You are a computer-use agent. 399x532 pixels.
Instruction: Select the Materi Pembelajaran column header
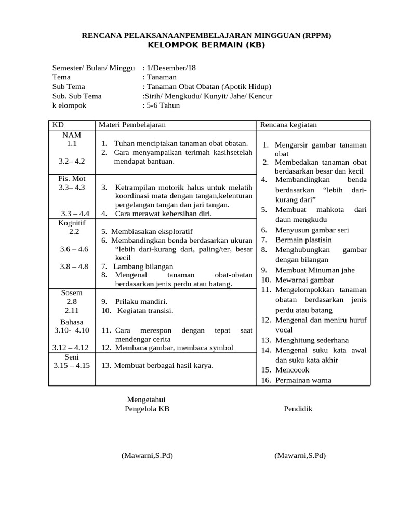[x=132, y=125]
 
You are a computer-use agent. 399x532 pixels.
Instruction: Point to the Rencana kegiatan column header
[x=288, y=125]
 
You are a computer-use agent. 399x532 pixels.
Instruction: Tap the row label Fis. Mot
[x=72, y=179]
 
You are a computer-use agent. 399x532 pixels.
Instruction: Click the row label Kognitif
[x=72, y=223]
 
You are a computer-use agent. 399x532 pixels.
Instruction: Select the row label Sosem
[x=72, y=293]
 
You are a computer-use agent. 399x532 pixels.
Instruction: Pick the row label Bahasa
[x=72, y=322]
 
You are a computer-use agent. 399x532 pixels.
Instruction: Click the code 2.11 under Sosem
[x=72, y=311]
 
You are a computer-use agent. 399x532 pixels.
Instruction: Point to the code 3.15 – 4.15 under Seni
[x=72, y=365]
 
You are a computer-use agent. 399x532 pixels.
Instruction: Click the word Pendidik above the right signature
[x=298, y=409]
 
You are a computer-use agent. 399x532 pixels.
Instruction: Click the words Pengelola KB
[x=147, y=409]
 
